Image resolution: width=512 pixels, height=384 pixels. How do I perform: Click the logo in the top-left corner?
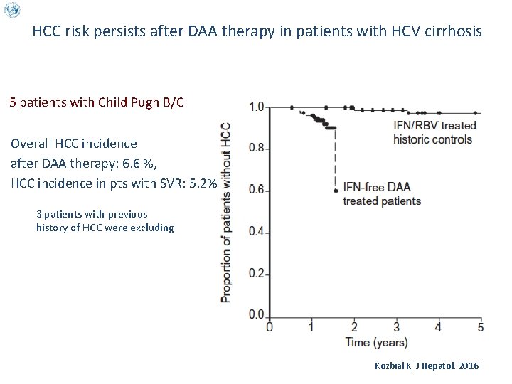tap(12, 10)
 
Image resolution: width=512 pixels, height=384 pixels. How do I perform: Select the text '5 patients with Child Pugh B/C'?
tap(97, 102)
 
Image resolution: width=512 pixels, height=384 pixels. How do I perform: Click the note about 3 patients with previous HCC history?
tap(105, 220)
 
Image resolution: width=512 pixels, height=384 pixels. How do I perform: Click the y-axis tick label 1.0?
tap(257, 107)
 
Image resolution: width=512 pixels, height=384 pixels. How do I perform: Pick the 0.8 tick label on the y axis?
tap(257, 149)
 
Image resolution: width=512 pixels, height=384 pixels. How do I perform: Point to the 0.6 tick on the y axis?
tap(257, 191)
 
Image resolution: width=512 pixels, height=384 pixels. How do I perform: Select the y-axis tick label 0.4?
tap(257, 233)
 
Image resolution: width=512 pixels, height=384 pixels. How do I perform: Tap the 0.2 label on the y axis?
tap(257, 274)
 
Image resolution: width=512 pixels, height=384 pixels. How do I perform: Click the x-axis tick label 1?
tap(311, 328)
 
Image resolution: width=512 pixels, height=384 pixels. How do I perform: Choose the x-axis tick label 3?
tap(396, 328)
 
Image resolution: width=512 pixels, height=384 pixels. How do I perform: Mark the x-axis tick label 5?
tap(481, 328)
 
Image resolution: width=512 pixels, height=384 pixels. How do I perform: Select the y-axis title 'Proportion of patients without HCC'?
tap(226, 212)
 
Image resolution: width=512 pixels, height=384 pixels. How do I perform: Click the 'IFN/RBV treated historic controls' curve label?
tap(434, 132)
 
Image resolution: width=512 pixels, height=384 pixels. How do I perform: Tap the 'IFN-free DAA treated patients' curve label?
tap(381, 194)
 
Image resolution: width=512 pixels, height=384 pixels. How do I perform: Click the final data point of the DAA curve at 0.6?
tap(334, 191)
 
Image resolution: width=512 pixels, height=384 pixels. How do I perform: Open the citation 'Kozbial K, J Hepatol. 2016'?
tap(427, 366)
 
